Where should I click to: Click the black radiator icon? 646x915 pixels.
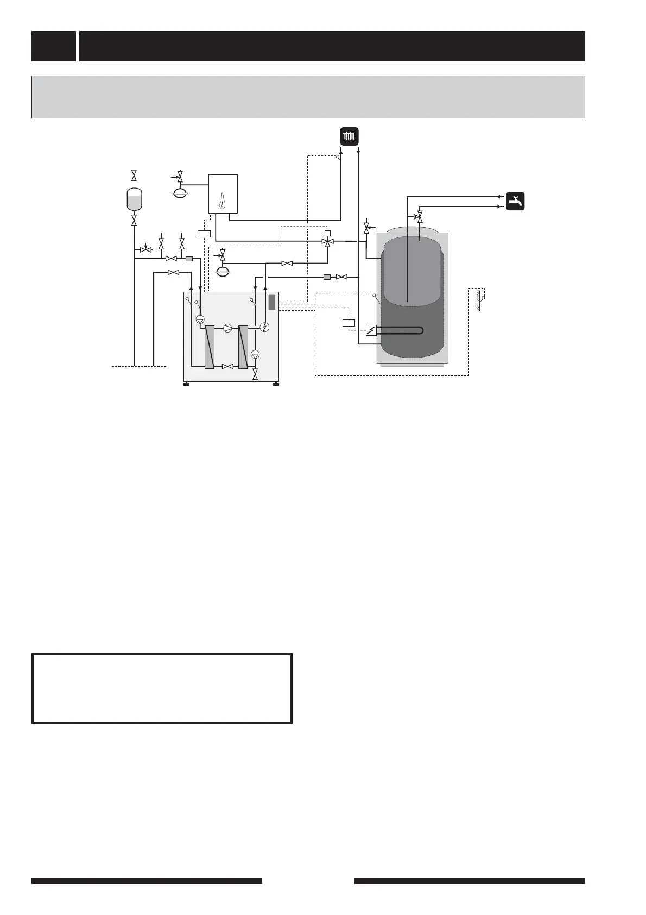(349, 136)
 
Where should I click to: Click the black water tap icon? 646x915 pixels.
(515, 201)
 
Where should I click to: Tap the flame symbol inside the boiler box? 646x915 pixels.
(223, 203)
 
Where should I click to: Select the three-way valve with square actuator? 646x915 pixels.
(327, 241)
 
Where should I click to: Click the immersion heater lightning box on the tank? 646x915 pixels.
(371, 330)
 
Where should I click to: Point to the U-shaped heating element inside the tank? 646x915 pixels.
(402, 330)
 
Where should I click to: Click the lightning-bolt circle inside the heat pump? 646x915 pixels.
(264, 327)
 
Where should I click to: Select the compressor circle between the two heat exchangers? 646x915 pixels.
(228, 327)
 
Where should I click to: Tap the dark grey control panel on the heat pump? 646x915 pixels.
(272, 302)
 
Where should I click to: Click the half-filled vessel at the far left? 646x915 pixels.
(134, 199)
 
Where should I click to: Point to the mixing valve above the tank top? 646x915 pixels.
(419, 217)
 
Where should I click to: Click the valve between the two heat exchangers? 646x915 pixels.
(228, 367)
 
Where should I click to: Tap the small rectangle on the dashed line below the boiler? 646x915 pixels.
(204, 234)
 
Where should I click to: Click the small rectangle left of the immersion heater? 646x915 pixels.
(349, 323)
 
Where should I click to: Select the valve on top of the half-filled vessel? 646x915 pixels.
(134, 175)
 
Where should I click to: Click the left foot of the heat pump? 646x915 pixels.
(186, 385)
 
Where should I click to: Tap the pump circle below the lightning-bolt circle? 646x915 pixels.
(256, 354)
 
